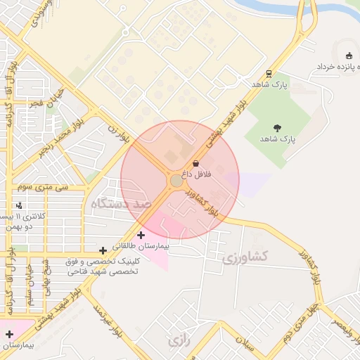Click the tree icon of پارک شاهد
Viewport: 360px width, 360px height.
278,128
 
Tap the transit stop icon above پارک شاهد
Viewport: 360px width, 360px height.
269,74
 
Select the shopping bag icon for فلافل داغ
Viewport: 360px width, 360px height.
195,163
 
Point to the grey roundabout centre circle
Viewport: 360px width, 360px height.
176,181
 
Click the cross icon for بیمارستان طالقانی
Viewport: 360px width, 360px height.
141,235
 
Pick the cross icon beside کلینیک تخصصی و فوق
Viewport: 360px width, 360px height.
103,250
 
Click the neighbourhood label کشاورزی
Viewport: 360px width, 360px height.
246,257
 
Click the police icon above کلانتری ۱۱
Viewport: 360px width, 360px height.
19,205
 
